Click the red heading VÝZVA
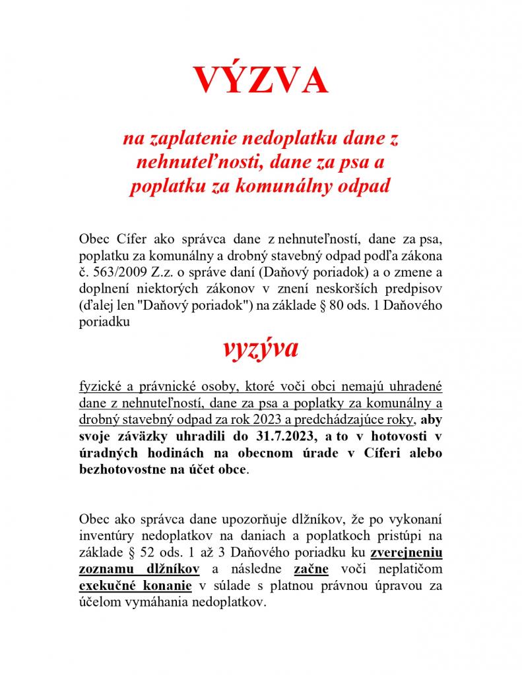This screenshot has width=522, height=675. pos(260,80)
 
